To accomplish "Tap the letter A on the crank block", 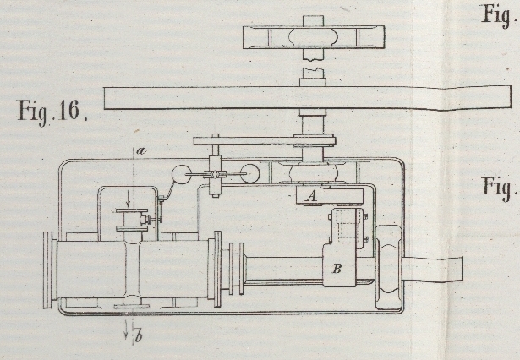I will tap(309, 196).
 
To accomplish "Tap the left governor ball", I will tap(182, 176).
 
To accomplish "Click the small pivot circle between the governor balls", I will tap(216, 176).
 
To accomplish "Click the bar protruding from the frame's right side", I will tap(436, 269).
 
